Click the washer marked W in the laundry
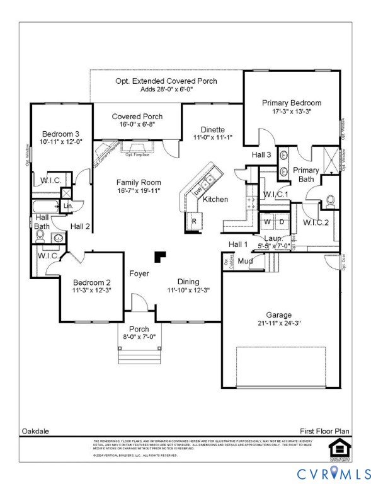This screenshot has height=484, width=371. (267, 222)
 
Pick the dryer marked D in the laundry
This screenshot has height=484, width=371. (282, 222)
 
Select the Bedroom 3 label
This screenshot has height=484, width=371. (60, 134)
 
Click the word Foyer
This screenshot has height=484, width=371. (139, 274)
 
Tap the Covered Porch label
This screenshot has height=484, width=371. (137, 117)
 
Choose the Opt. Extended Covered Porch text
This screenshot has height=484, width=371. (166, 81)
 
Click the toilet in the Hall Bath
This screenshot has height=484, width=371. (40, 237)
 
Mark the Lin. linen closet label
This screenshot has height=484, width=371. (68, 205)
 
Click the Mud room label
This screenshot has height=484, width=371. (246, 260)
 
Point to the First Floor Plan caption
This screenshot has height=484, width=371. (326, 431)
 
